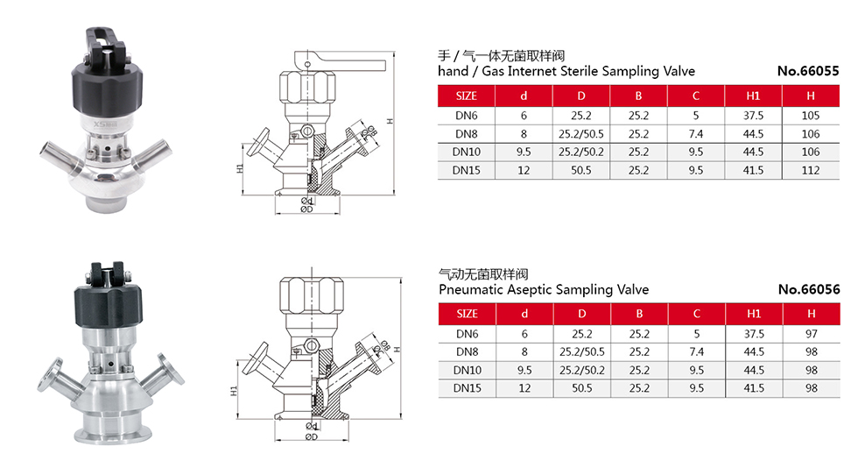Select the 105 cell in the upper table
click(x=811, y=116)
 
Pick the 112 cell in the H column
click(x=811, y=171)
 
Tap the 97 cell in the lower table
click(x=811, y=334)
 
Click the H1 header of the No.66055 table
click(x=754, y=96)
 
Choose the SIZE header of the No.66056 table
click(x=468, y=314)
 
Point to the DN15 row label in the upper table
click(x=466, y=171)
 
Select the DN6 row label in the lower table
click(x=466, y=334)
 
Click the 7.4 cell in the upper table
click(x=697, y=134)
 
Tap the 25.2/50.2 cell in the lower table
click(x=581, y=371)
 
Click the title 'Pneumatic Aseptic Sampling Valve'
click(x=543, y=289)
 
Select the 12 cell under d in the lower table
click(x=524, y=389)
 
